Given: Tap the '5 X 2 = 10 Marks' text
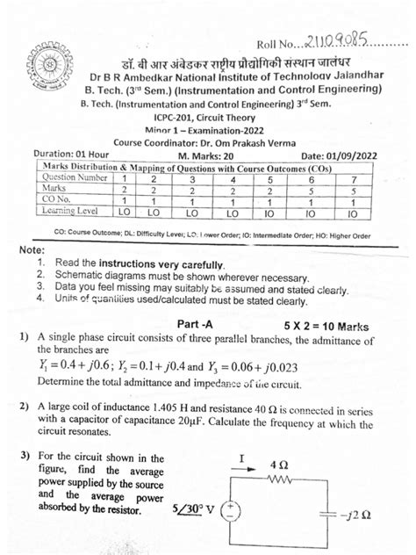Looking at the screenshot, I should pyautogui.click(x=329, y=324).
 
